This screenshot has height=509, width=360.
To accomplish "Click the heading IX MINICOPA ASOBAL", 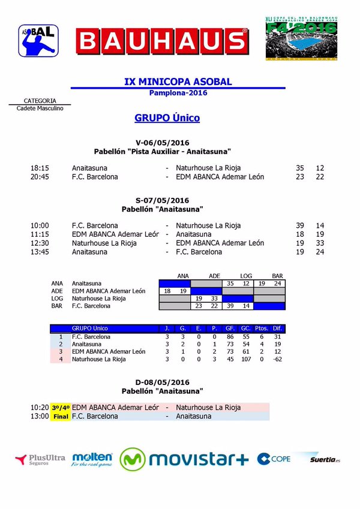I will [178, 82].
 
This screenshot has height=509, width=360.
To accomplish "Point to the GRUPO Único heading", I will [167, 118].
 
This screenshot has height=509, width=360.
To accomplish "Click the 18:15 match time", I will [40, 168].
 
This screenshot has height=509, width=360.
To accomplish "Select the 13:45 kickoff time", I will [40, 252].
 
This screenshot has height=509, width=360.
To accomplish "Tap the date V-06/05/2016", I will [163, 142].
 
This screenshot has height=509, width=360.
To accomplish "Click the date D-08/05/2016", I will [163, 382].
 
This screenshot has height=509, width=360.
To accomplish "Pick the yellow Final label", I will [61, 416].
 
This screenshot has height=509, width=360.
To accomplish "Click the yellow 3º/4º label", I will [61, 408].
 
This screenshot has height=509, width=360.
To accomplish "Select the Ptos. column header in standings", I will [261, 329].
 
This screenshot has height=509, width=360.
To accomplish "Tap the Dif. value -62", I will [277, 359].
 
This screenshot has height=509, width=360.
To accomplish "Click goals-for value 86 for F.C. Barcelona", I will [230, 338].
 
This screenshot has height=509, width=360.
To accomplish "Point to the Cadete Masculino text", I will [40, 108].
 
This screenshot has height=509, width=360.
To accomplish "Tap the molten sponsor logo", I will [92, 460].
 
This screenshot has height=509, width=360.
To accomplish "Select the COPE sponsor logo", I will [274, 459].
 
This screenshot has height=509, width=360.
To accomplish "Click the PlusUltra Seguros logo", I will [40, 460].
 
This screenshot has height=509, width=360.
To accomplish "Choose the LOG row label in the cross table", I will [57, 298].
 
